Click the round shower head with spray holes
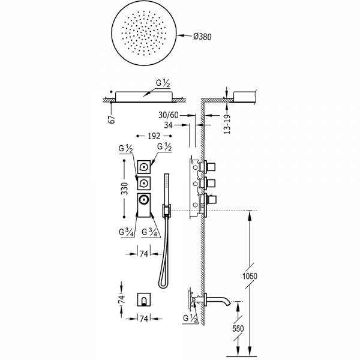[x=143, y=37]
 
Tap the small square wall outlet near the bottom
[x=143, y=298]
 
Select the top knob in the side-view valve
[x=211, y=166]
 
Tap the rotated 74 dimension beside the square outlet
[x=121, y=298]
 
